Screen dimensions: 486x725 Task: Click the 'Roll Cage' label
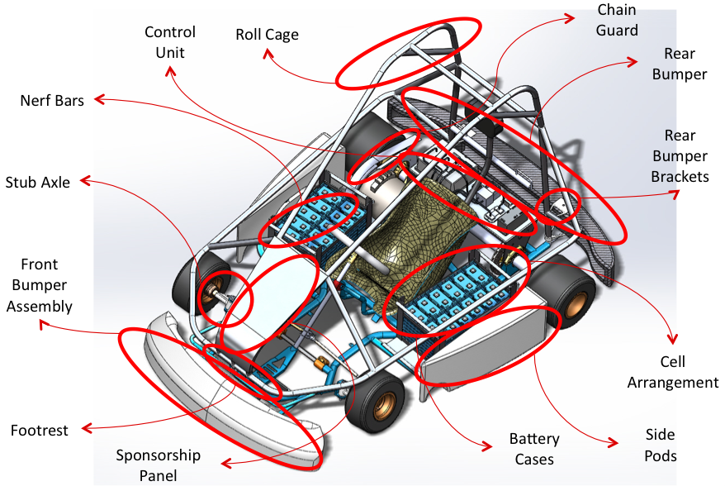point(267,36)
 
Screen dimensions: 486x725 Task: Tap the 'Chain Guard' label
point(617,20)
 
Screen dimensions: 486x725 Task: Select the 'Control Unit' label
point(170,42)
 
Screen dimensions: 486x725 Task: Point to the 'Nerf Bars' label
point(52,101)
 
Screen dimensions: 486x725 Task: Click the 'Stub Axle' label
point(37,182)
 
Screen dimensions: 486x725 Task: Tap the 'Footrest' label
point(39,430)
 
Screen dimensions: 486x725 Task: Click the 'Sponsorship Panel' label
point(158,465)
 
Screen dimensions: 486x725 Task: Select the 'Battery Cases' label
point(533,449)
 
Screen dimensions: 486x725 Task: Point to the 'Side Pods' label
point(660,445)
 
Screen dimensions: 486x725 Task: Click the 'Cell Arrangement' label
point(672,372)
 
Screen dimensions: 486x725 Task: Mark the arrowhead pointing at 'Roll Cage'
point(268,54)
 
